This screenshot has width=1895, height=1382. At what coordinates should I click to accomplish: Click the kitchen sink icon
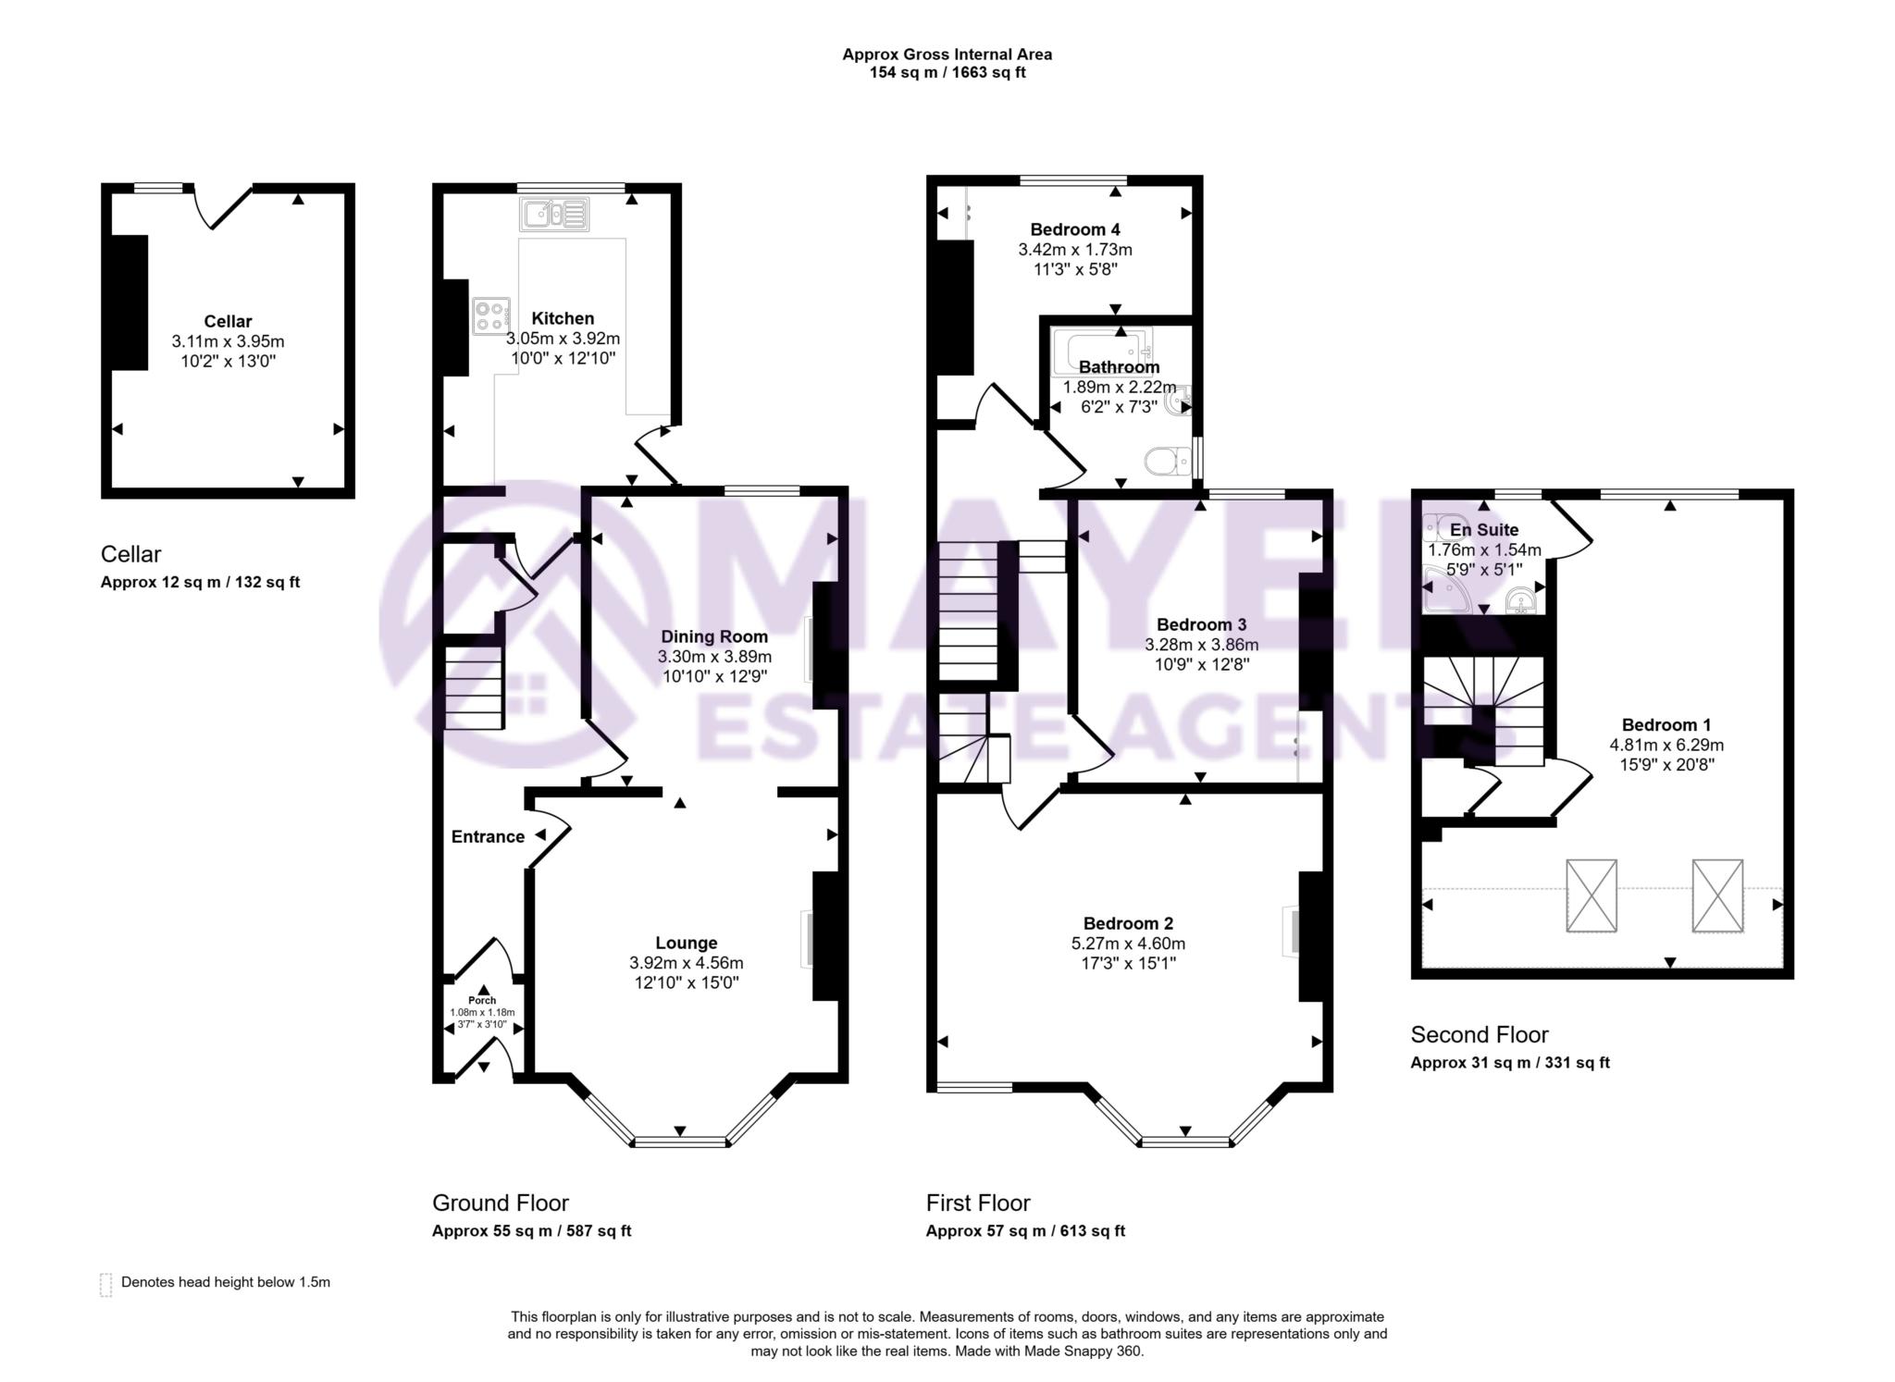(x=554, y=215)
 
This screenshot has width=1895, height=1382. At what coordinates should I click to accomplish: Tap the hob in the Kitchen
(x=490, y=315)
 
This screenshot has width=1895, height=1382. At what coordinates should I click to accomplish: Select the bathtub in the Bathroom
(x=1102, y=351)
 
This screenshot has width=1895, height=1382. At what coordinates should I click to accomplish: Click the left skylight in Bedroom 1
(x=1592, y=895)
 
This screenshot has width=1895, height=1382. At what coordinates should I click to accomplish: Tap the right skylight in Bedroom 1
(x=1717, y=895)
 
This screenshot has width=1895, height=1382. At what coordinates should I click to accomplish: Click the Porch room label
(x=482, y=1000)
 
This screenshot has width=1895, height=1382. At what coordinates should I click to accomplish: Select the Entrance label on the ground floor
(x=488, y=836)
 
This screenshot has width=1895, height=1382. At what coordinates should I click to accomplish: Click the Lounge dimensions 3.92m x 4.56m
(x=686, y=963)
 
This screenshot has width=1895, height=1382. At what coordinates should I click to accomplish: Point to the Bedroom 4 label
(x=1074, y=229)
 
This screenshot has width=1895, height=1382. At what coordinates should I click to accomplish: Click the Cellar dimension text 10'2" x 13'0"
(x=228, y=361)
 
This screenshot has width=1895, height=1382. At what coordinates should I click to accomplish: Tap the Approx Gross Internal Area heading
(x=947, y=54)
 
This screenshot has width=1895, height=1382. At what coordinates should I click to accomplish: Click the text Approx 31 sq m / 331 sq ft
(x=1509, y=1063)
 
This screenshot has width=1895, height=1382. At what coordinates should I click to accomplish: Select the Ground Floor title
(x=500, y=1203)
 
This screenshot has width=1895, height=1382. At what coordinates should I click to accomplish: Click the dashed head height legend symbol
(x=105, y=1284)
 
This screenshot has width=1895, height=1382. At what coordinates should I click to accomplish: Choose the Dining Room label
(x=713, y=636)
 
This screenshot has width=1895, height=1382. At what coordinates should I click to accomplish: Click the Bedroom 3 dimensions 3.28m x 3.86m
(x=1201, y=645)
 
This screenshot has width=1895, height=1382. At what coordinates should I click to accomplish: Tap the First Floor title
(x=977, y=1203)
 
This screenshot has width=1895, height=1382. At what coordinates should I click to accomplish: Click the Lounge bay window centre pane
(x=681, y=1141)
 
